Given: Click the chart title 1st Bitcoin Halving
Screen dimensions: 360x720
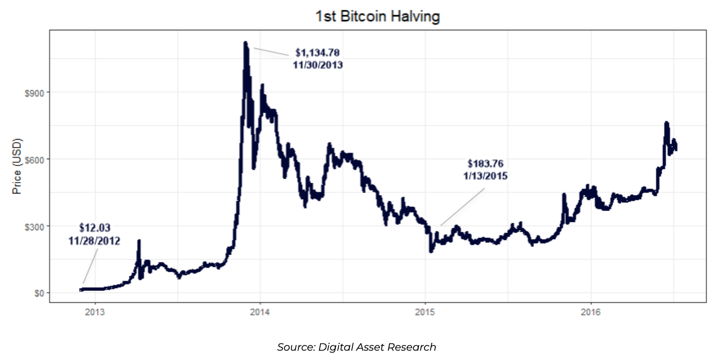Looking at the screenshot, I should point(377,17).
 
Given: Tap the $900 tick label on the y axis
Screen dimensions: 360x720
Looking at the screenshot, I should point(33,93).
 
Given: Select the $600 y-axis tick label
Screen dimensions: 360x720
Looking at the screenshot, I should point(33,160).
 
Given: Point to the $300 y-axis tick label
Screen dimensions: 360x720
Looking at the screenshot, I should point(33,226).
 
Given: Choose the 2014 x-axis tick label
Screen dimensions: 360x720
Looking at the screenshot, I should point(260,312).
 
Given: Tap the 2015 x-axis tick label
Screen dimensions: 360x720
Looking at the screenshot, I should point(425,312).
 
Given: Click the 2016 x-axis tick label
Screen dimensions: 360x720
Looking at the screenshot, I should point(591,312).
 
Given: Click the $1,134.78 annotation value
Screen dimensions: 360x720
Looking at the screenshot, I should point(318,52).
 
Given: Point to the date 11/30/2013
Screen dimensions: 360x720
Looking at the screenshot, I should point(318,65).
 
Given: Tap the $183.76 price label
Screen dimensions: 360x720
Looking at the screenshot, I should point(485,163).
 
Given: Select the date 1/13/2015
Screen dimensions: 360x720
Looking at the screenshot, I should point(485,175).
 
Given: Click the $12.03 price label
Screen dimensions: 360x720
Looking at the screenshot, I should point(95,228).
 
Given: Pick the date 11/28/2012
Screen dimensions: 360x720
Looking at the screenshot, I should point(95,240).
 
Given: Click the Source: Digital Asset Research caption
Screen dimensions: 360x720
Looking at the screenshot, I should point(356,347).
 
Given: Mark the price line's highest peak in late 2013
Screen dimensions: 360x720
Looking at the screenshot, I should point(245,43).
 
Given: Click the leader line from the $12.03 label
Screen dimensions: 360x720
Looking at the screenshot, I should point(91,265).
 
